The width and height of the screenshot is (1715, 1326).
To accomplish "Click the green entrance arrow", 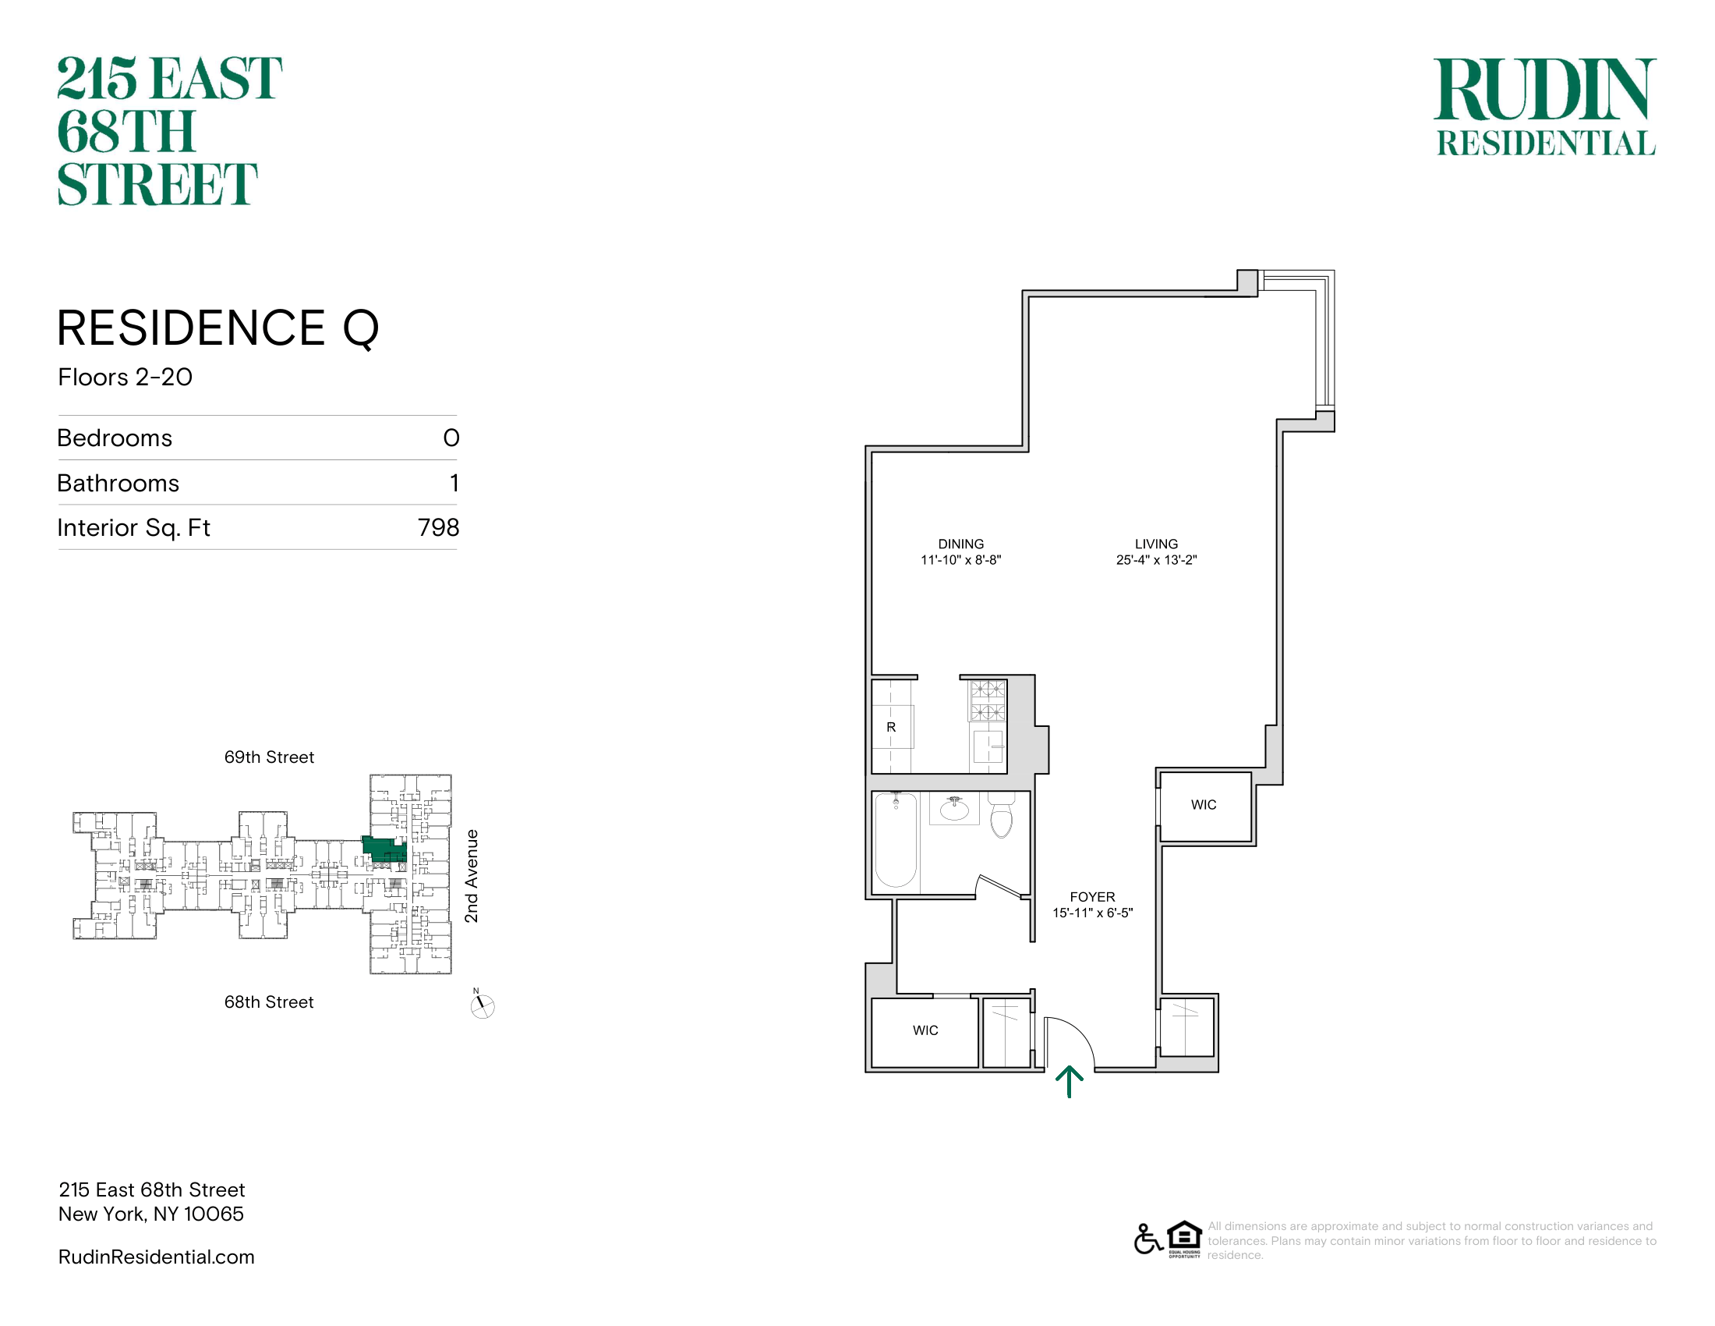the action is click(x=1069, y=1081).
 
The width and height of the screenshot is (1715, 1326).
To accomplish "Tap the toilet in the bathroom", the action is click(x=1001, y=814).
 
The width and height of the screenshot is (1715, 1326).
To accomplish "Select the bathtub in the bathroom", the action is click(x=896, y=840).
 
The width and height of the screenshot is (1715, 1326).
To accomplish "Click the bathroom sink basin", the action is click(x=955, y=809).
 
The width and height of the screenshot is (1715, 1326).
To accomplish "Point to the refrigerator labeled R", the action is click(x=891, y=727).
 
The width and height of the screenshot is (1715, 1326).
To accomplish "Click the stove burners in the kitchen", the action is click(x=988, y=700).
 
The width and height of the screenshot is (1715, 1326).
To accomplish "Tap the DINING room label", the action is click(x=960, y=544).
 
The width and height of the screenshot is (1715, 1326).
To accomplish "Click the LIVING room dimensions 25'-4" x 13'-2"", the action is click(x=1156, y=560).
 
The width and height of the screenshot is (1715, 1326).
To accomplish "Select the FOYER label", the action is click(x=1092, y=897).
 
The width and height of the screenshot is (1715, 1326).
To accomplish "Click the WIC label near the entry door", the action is click(x=925, y=1030).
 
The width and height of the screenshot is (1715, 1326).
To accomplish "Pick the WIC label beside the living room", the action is click(x=1203, y=805).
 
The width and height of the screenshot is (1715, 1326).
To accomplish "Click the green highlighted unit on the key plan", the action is click(x=384, y=849).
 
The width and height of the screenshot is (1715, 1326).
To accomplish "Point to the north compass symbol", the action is click(x=482, y=1005).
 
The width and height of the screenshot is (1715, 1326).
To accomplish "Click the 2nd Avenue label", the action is click(x=471, y=876).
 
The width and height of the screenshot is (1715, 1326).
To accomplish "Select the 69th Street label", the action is click(x=270, y=757).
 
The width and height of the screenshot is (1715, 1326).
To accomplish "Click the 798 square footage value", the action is click(x=438, y=528).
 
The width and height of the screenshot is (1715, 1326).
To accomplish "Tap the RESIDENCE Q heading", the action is click(x=218, y=328).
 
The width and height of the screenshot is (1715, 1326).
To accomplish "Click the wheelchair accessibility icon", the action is click(x=1148, y=1239).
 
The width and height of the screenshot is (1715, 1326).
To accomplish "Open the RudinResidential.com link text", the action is click(x=156, y=1257).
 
